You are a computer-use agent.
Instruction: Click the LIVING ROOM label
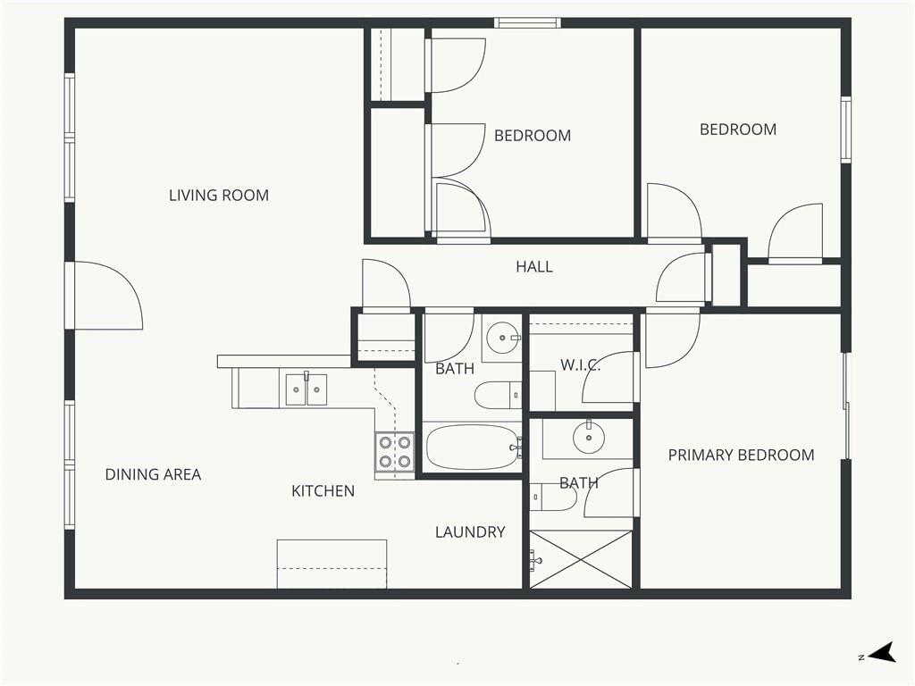(219, 195)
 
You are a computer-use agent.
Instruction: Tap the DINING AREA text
(153, 474)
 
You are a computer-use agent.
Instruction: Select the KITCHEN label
(323, 491)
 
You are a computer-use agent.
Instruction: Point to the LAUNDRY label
(470, 532)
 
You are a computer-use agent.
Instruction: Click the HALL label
(534, 266)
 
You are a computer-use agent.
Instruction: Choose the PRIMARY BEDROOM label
(741, 455)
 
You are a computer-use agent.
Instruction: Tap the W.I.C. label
(580, 365)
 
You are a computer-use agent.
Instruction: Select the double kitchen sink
(306, 389)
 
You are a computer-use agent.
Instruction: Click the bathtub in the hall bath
(473, 448)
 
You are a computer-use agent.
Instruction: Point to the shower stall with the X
(581, 559)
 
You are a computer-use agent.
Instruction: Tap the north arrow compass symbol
(880, 653)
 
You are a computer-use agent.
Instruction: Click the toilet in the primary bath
(553, 497)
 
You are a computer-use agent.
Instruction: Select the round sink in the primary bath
(588, 438)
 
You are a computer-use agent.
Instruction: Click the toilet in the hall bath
(498, 396)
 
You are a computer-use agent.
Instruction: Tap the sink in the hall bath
(502, 338)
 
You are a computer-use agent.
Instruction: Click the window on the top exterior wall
(527, 22)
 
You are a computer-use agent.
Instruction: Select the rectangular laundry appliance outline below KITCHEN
(332, 565)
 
